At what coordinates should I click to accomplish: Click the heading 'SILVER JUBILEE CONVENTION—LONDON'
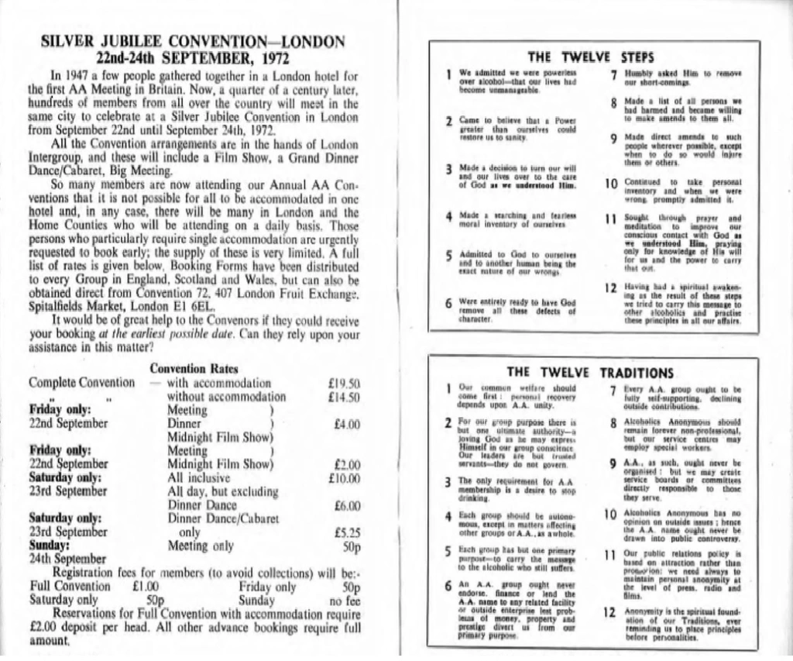(193, 42)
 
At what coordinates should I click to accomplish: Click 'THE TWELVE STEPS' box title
(590, 57)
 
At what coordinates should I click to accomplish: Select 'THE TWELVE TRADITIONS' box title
(590, 373)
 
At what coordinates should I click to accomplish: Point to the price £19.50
(344, 383)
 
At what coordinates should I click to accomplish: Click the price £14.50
(344, 397)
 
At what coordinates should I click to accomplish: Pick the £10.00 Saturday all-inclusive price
(344, 478)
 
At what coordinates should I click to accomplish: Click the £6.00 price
(345, 505)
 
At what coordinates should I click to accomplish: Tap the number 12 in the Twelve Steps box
(609, 288)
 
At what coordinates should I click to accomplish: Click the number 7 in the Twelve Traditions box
(613, 389)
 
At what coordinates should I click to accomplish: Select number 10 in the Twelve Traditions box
(609, 514)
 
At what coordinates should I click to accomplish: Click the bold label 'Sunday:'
(49, 545)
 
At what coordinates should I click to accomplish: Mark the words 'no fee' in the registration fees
(345, 600)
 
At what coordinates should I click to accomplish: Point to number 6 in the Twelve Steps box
(449, 303)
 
